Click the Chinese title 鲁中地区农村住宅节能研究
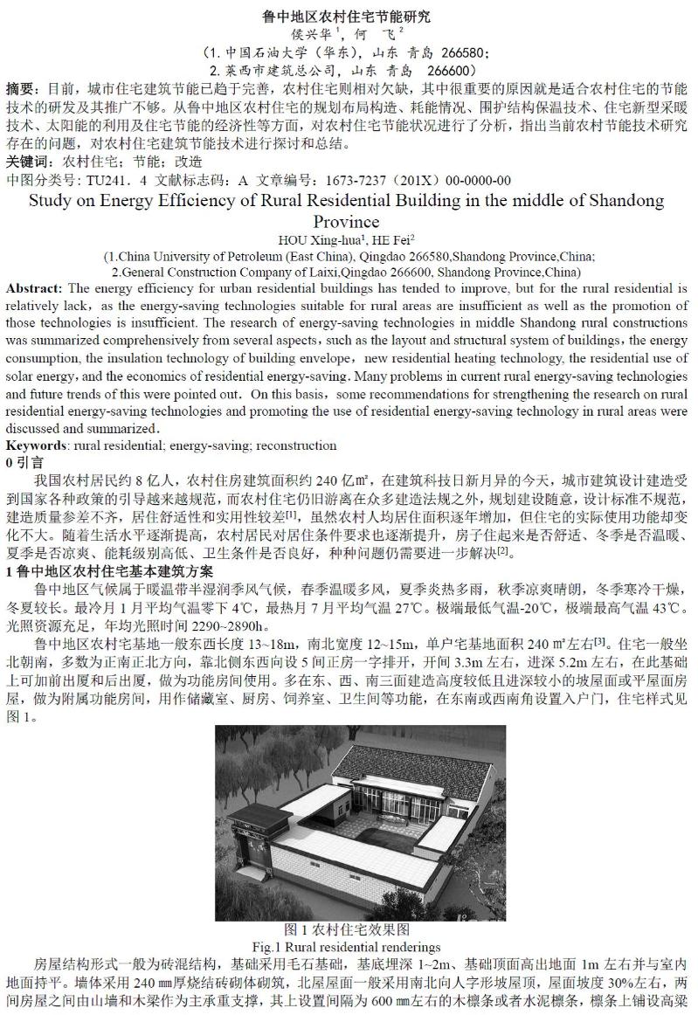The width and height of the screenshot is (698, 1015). click(348, 17)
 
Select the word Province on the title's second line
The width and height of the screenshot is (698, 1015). click(348, 221)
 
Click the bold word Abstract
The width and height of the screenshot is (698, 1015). click(33, 288)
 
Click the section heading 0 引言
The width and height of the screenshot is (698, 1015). click(24, 462)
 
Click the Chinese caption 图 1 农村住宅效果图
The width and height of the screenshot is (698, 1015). click(348, 929)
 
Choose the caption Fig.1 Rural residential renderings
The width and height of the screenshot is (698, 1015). click(348, 947)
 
